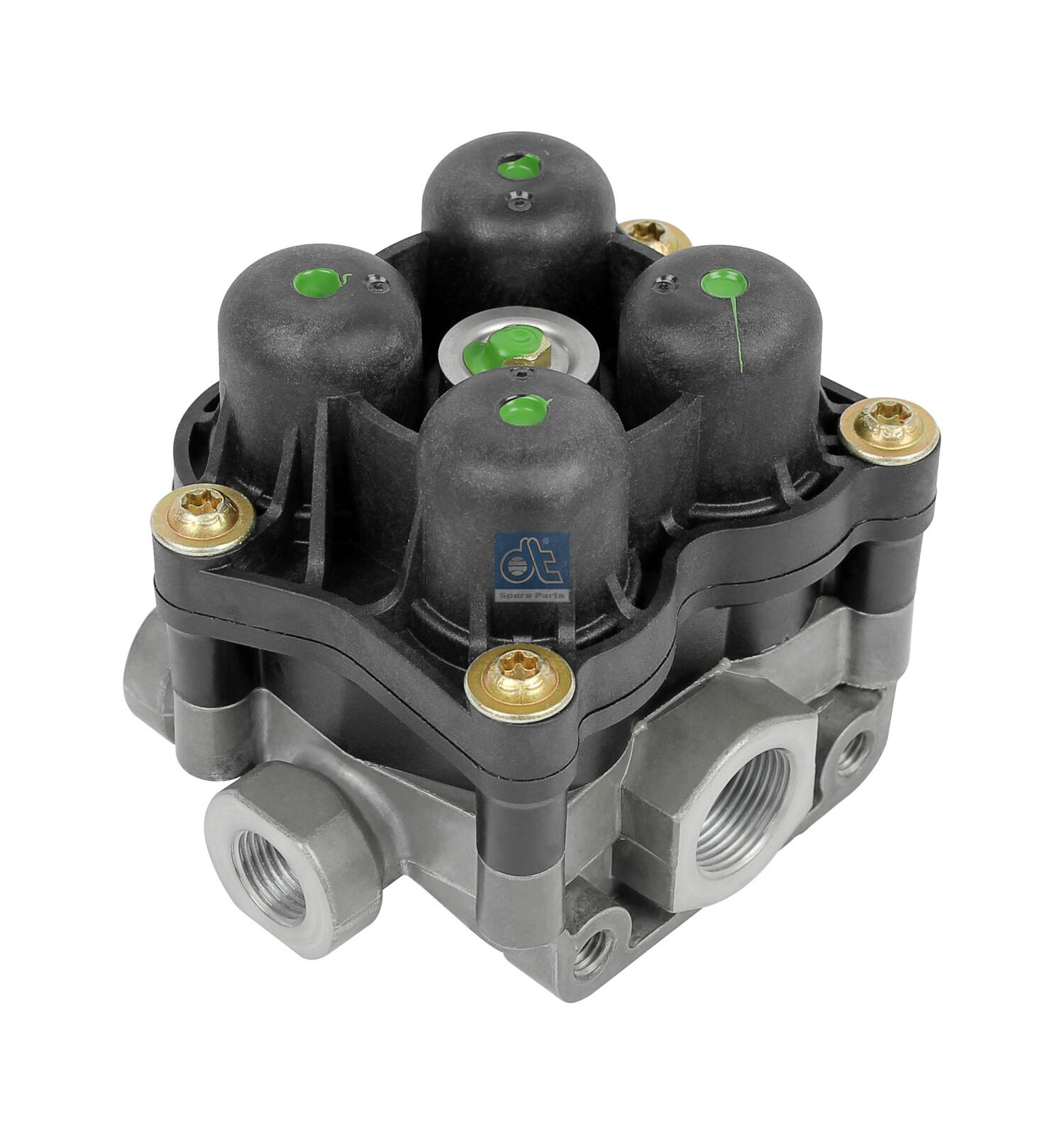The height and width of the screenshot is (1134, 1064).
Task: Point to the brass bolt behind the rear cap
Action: point(650,231)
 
